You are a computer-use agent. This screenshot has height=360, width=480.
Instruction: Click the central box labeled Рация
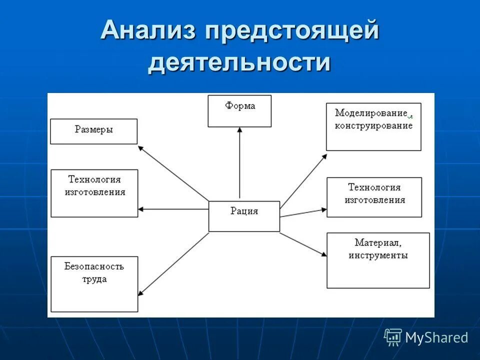click(244, 216)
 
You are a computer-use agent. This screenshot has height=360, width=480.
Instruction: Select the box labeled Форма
click(240, 111)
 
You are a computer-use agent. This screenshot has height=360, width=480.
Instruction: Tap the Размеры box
click(94, 131)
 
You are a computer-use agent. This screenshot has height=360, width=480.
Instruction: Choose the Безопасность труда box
click(94, 284)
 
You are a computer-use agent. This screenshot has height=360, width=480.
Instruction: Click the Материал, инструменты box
click(378, 260)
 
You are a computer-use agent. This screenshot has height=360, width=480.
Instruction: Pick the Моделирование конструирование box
click(373, 126)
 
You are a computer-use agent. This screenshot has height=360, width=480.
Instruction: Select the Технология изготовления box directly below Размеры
click(94, 193)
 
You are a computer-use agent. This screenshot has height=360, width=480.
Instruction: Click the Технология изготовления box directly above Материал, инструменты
click(374, 197)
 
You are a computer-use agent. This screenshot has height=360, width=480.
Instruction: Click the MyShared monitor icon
click(393, 337)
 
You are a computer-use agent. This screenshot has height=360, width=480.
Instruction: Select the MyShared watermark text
click(436, 338)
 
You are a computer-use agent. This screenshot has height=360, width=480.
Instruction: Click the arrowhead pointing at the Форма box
click(240, 129)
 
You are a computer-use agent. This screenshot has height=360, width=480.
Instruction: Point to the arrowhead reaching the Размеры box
click(140, 147)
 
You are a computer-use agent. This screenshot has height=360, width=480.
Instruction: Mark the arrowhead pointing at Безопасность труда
click(140, 294)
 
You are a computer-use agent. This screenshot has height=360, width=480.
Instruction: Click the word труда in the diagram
click(94, 279)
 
